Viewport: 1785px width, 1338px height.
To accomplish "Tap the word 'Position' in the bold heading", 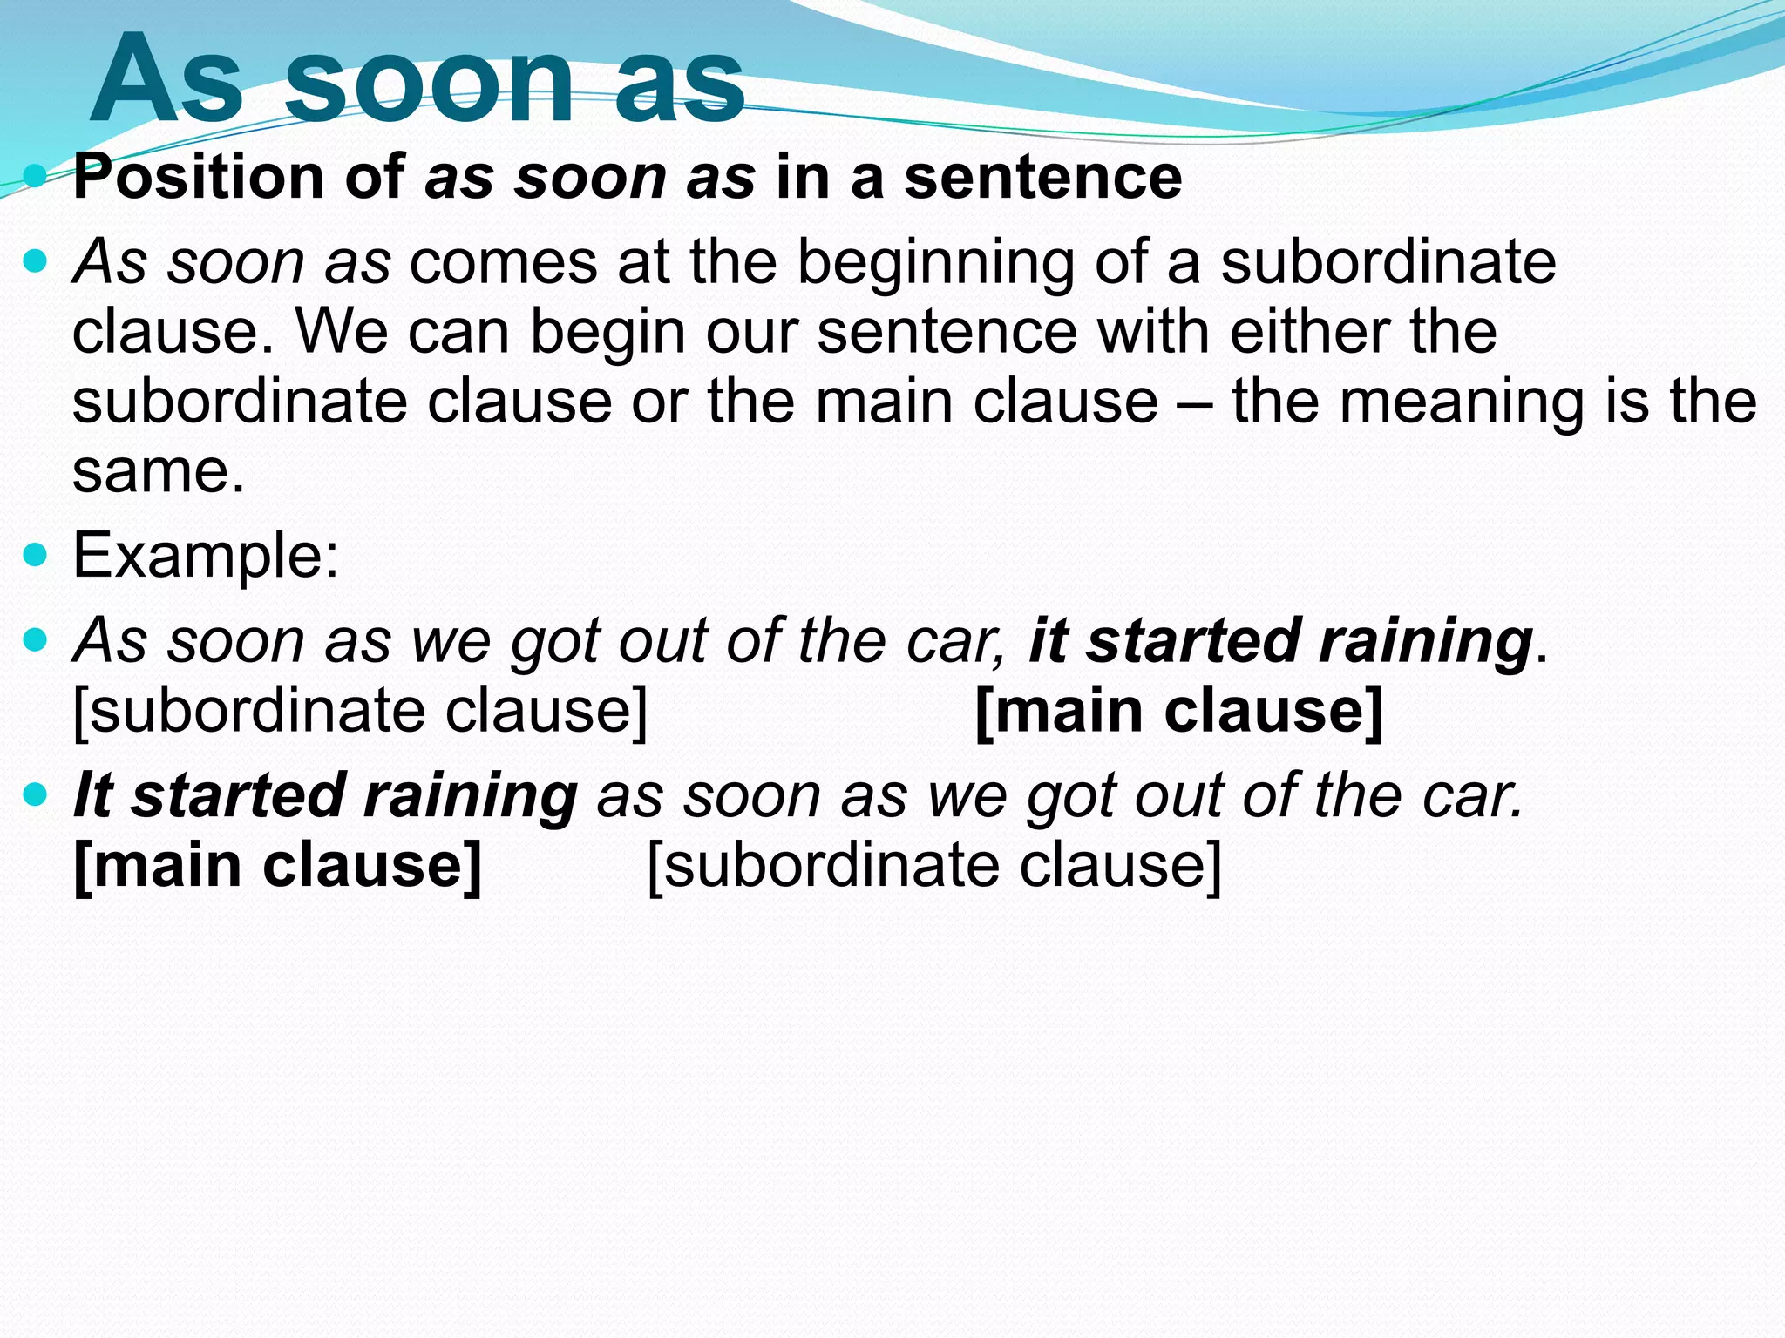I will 199,177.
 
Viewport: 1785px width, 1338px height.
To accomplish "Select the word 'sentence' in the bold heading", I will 1042,177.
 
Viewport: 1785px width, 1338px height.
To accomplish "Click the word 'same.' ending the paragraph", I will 159,471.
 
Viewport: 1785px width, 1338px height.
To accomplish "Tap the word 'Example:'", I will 206,555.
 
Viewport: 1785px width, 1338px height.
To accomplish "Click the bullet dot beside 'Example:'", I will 36,555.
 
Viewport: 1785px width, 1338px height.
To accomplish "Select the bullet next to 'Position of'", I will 36,177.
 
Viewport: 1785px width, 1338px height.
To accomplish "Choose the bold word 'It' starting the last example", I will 92,796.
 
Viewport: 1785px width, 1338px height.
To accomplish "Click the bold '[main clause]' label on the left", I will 277,866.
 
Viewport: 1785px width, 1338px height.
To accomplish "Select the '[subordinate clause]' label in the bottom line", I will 934,866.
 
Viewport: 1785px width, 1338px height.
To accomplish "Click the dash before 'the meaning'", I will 1195,403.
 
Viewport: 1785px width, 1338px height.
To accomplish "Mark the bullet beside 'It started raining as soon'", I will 36,796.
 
